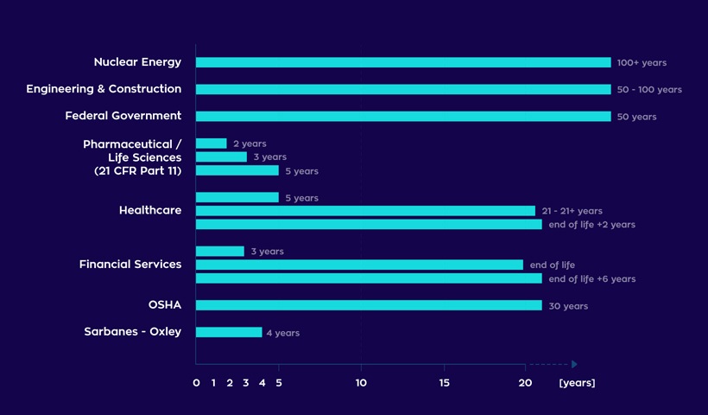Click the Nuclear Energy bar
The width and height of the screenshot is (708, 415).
(403, 62)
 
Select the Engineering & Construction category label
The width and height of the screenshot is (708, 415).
(104, 89)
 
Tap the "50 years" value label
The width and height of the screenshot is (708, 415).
(636, 117)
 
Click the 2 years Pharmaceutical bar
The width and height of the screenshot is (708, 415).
(212, 144)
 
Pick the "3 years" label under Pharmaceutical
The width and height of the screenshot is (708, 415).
(269, 157)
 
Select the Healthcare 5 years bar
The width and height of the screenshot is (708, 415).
(237, 197)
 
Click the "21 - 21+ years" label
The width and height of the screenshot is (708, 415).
(572, 211)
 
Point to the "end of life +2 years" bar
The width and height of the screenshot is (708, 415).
(369, 225)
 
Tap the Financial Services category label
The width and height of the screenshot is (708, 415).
(130, 265)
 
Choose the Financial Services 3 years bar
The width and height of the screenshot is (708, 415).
(220, 252)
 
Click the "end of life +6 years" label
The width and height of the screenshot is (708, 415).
(591, 279)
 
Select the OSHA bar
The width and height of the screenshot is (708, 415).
(369, 305)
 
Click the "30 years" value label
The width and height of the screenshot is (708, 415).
(568, 306)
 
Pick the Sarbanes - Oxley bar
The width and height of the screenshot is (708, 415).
(229, 332)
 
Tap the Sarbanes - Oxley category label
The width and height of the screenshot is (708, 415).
(132, 332)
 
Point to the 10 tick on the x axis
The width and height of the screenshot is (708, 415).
(361, 383)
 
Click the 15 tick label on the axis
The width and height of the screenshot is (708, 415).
(444, 383)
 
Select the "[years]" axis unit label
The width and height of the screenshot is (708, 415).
(577, 383)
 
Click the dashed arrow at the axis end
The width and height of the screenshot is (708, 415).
(553, 364)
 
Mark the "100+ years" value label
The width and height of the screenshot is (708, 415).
(642, 63)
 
